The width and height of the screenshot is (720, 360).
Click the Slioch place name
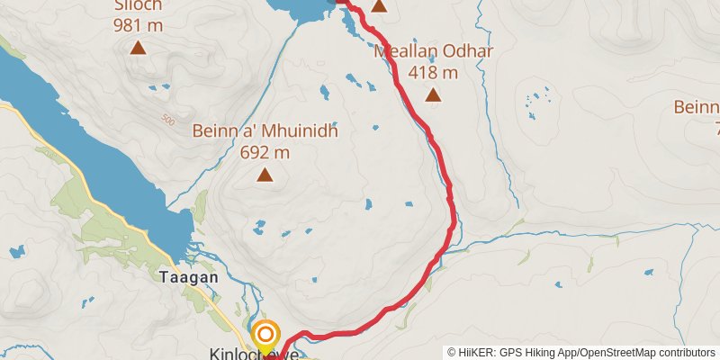point(139,4)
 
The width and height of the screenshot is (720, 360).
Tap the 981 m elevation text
point(139,24)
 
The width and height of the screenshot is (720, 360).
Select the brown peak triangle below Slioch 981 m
point(139,48)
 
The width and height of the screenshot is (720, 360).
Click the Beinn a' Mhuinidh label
point(265,132)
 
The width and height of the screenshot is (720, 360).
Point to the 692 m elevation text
point(265,152)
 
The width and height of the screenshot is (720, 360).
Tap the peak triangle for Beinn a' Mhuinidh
point(265,175)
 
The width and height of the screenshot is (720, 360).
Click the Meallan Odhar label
point(434,50)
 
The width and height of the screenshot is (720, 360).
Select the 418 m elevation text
point(433,71)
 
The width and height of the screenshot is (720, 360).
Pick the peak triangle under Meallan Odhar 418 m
point(433,94)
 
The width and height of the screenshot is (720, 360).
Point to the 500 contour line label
point(167,118)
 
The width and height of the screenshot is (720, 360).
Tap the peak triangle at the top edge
point(379,6)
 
